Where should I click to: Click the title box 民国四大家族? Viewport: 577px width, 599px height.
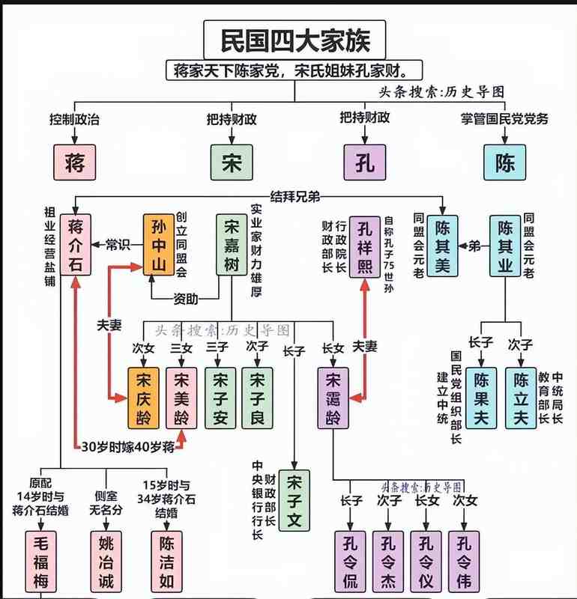294,40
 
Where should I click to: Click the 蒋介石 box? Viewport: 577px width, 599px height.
75,245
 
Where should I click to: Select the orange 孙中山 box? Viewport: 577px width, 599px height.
158,245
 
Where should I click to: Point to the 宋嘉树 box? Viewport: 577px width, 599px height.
232,245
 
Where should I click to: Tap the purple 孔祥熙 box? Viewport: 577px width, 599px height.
365,245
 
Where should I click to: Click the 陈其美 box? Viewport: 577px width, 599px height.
443,245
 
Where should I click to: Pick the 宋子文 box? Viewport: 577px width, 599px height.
294,500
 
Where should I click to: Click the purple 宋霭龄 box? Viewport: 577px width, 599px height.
333,398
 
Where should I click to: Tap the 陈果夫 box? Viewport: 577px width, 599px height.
480,398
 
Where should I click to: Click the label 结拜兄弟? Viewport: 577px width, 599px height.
294,196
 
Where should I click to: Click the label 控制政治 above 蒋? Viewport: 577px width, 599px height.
75,118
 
